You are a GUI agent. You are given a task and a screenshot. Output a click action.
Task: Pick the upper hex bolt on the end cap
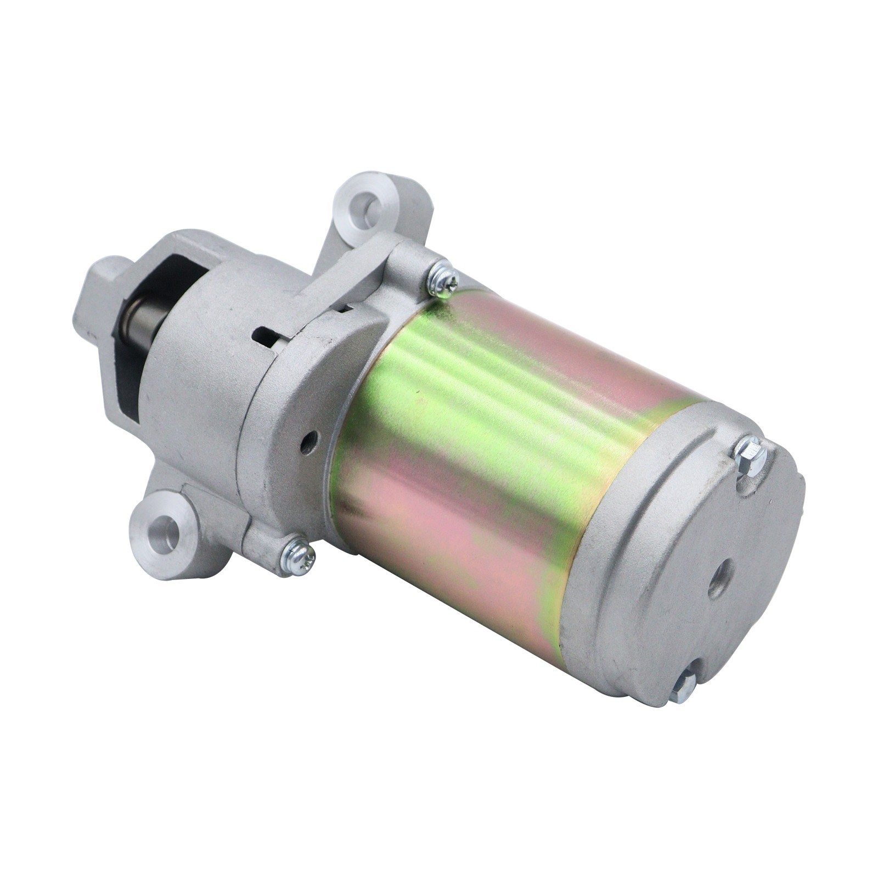tap(749, 453)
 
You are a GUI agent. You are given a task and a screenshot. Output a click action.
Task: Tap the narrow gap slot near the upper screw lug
tap(345, 308)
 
